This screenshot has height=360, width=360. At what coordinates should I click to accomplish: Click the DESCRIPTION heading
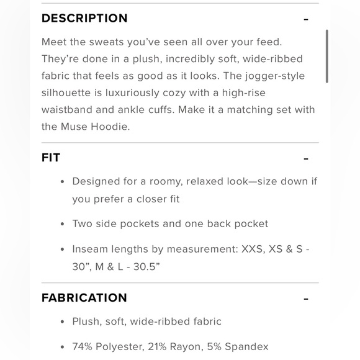pos(84,18)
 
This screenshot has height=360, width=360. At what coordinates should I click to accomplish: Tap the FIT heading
pos(51,158)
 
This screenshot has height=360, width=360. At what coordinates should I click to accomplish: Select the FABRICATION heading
pos(84,298)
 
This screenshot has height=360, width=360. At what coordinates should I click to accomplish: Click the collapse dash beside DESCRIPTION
pos(306,19)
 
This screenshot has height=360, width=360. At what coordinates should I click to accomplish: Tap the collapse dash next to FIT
pos(306,159)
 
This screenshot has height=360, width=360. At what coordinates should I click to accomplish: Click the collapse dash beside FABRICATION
pos(306,299)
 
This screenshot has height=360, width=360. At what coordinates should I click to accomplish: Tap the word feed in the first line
pos(268,42)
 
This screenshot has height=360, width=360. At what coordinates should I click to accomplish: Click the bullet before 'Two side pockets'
pos(63,224)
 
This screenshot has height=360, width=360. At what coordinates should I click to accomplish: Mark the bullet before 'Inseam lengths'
pos(63,250)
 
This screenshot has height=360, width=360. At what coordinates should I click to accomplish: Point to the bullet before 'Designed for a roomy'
pos(63,182)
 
